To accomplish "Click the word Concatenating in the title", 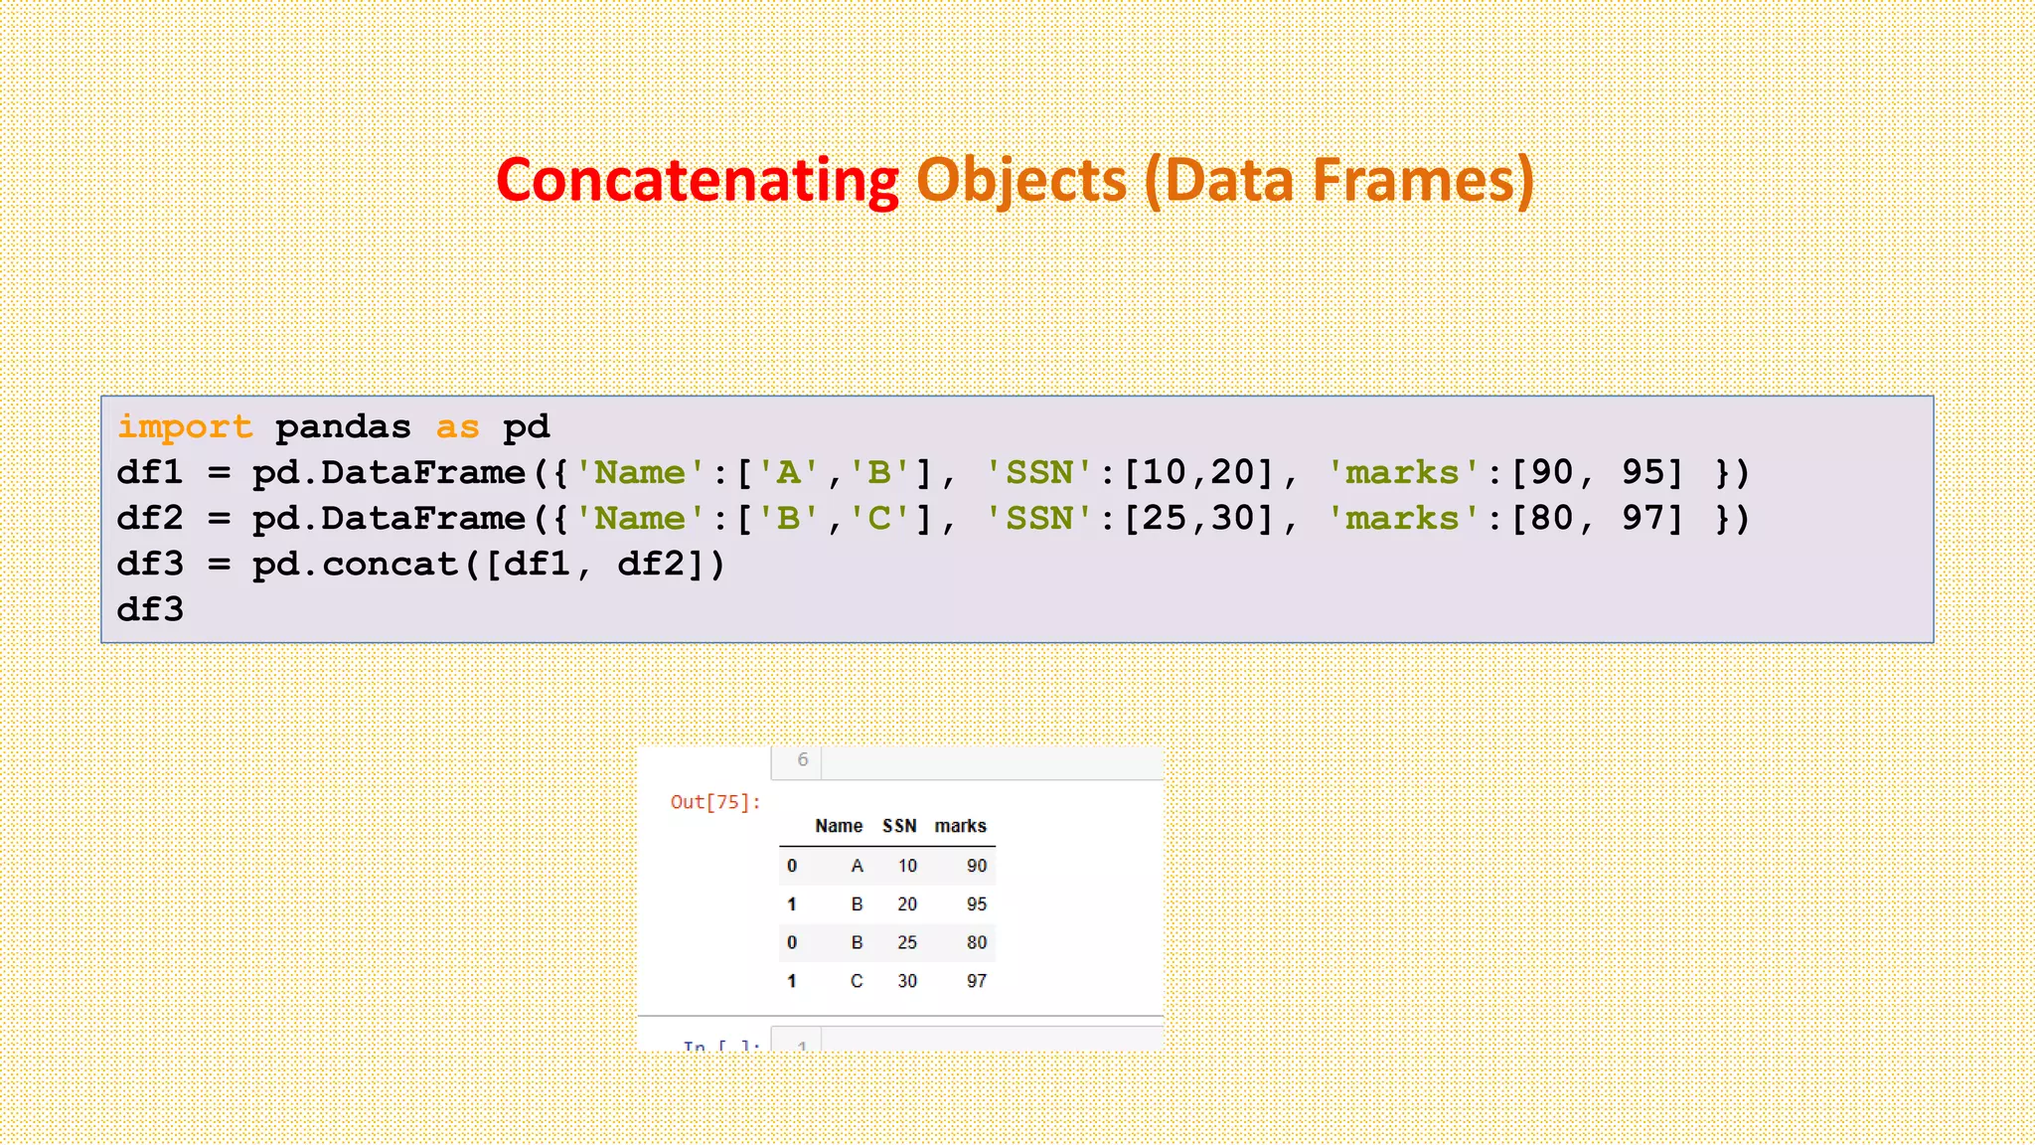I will (698, 181).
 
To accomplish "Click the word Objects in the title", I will (1021, 181).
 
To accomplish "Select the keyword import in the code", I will (185, 427).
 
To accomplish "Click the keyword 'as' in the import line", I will (457, 427).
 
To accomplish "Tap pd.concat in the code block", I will (355, 565).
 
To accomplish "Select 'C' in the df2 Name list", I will (879, 519).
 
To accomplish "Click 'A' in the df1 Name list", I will (789, 473).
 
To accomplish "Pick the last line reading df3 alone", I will (150, 609).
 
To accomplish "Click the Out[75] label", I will (715, 802).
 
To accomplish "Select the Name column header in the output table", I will (839, 826).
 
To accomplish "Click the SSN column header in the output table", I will (899, 826).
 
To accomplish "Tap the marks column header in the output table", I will (960, 826).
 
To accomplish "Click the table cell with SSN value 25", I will (907, 942).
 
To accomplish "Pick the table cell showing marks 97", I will (977, 981).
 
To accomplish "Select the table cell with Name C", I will (857, 981).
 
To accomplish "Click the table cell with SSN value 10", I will (907, 866).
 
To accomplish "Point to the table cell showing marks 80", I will (977, 942).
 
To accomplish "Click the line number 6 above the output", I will (803, 760).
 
